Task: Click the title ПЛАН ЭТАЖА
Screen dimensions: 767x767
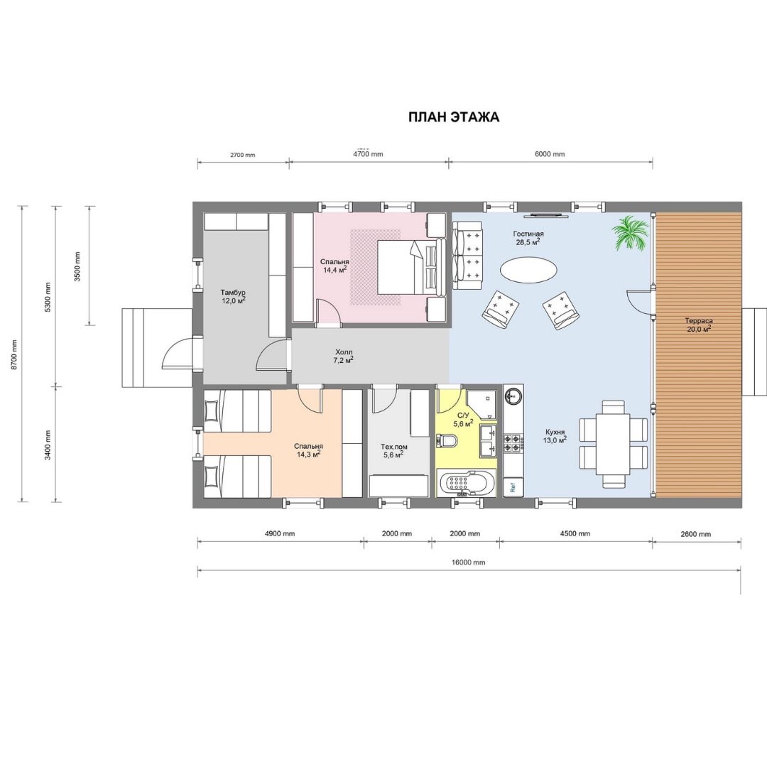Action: tap(454, 117)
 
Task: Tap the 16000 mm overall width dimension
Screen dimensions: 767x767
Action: tap(468, 562)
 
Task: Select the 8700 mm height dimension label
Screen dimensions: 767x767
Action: tap(14, 354)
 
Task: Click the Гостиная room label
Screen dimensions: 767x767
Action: tap(528, 234)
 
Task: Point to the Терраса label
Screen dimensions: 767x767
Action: tap(699, 321)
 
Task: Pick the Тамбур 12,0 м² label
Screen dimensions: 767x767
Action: tap(233, 297)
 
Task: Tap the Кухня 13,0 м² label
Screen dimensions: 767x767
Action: tap(555, 436)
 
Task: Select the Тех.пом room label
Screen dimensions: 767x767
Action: tap(393, 447)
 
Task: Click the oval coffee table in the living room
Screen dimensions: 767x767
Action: tap(528, 270)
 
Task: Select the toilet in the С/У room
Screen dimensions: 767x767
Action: tap(449, 440)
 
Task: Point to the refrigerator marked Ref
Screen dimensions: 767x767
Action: tap(513, 487)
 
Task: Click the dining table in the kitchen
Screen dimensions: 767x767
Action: tap(613, 445)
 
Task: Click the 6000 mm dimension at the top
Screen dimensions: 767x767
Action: tap(550, 154)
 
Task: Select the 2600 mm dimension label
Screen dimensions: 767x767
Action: tap(695, 534)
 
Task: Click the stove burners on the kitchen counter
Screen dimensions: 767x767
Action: tap(515, 443)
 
